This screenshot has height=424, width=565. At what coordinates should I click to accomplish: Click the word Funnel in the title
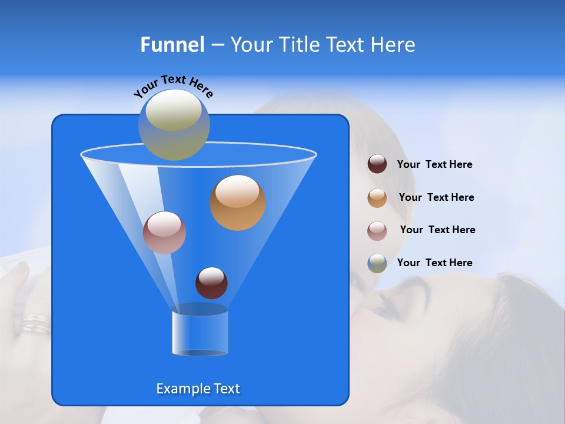pos(172,45)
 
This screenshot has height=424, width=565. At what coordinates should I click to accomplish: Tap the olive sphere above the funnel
pos(174,125)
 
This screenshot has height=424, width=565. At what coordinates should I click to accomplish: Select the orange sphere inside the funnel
pos(238,202)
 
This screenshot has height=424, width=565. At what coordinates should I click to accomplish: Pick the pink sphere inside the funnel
pos(164,233)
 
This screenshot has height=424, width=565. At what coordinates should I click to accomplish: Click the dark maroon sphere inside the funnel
pos(211,283)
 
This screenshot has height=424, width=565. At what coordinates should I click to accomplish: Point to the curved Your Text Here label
pos(173,86)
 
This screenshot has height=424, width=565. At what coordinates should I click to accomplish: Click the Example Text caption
pos(198,389)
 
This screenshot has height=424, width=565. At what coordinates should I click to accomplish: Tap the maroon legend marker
pos(377,164)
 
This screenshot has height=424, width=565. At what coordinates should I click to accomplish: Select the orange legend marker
pos(377,197)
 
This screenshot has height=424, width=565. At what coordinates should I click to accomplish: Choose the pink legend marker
pos(377,230)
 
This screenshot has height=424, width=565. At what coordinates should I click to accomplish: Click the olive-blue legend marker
pos(377,263)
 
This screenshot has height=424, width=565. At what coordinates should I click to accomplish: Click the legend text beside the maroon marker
pos(434,164)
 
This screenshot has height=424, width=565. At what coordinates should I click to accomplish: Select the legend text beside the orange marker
pos(436,197)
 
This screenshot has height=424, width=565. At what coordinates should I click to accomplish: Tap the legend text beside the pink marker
pos(437,230)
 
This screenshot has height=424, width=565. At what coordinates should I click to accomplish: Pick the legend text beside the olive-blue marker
pos(434,263)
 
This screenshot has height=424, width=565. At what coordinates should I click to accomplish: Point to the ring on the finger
pos(35,324)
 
